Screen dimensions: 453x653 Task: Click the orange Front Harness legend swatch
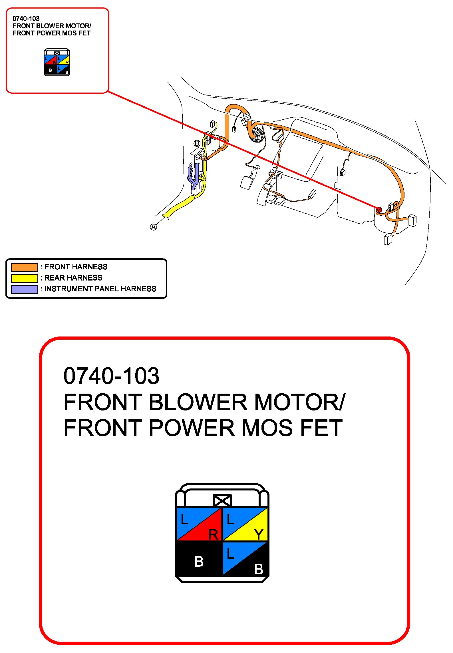(24, 267)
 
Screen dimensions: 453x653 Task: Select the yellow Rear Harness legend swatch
(24, 278)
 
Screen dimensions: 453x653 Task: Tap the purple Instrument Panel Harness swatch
(24, 289)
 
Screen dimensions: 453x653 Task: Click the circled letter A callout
(154, 227)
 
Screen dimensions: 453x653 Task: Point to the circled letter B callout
(197, 143)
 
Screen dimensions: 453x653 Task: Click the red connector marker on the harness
(379, 210)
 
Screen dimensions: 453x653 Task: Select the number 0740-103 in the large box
(111, 376)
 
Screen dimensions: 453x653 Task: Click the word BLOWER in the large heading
(198, 402)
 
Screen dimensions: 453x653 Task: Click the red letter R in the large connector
(213, 534)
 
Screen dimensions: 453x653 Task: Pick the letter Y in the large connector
(259, 534)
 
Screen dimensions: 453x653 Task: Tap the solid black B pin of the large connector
(199, 561)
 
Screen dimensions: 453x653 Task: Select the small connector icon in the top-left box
(57, 62)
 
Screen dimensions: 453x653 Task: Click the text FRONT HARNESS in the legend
(76, 267)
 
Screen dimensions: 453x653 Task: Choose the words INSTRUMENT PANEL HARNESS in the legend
(100, 289)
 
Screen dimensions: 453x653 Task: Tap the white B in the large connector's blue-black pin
(259, 569)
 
